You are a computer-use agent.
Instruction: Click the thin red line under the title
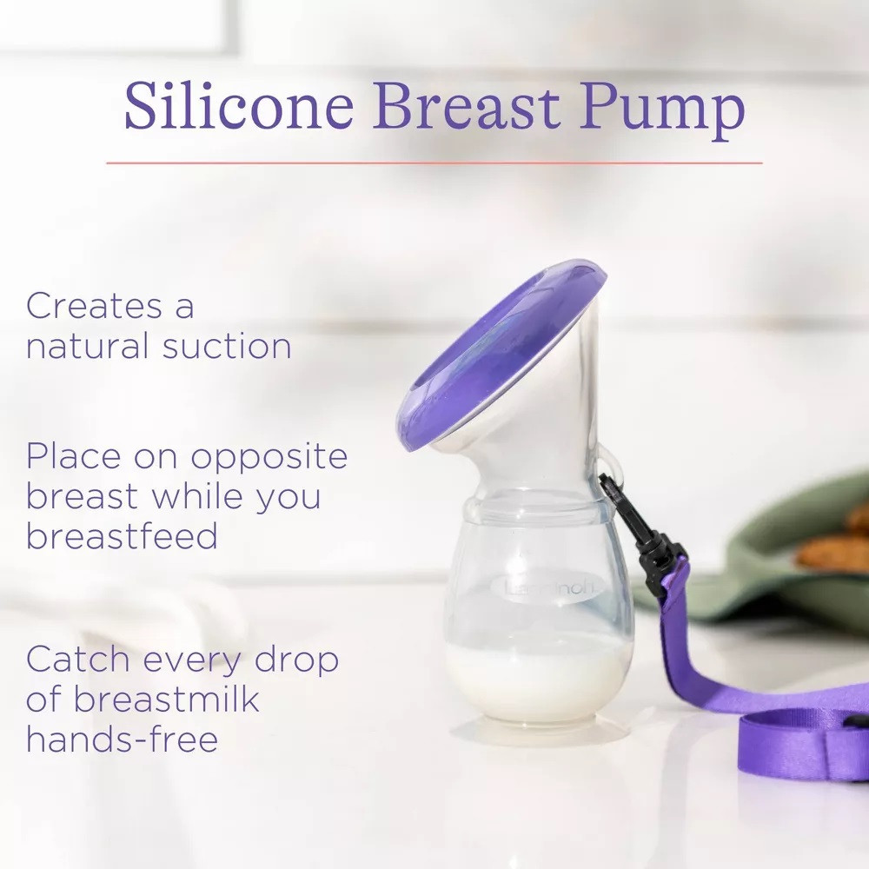coord(434,163)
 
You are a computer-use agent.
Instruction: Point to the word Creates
coord(96,306)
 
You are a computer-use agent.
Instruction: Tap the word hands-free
coord(122,740)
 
